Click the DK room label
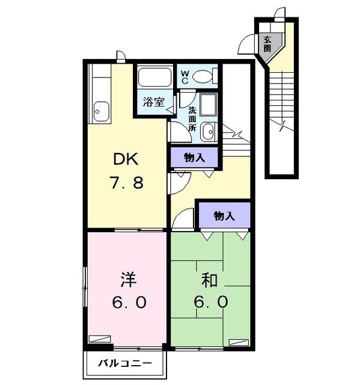point(127,159)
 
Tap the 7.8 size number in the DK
point(127,183)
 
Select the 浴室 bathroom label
point(153,102)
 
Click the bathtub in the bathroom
point(154,78)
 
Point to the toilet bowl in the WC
point(204,76)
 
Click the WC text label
point(185,76)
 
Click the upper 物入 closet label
point(194,158)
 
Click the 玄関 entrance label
point(267,43)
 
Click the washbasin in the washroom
point(207,131)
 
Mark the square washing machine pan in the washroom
point(208,106)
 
